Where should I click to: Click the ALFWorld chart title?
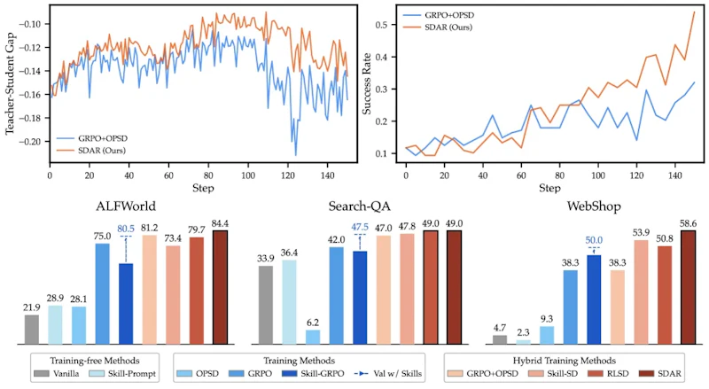[126, 206]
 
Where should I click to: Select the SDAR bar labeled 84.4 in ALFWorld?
[220, 287]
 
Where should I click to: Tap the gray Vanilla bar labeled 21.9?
[32, 330]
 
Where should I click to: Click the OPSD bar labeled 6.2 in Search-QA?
[313, 337]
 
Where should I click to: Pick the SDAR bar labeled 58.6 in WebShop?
[689, 287]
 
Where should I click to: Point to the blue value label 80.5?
[126, 229]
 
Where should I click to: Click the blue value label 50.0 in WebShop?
[594, 240]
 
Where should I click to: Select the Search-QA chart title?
[360, 206]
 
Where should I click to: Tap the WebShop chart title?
[594, 206]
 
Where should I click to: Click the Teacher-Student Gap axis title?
[10, 83]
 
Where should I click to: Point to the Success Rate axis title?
[366, 83]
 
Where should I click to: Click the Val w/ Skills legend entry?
[389, 374]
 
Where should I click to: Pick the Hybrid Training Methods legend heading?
[565, 361]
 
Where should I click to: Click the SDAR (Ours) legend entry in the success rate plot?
[438, 27]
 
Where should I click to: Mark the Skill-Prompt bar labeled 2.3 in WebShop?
[523, 342]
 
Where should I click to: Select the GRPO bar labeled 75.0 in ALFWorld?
[102, 294]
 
